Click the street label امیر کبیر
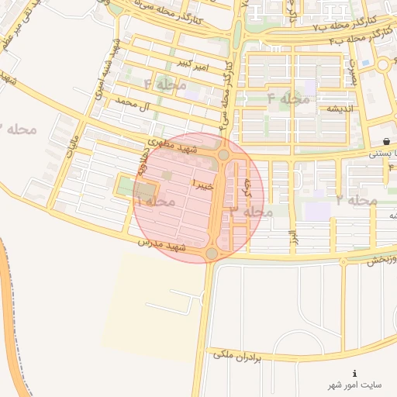coord(192,61)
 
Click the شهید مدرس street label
coord(164,246)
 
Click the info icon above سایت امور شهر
coord(355,373)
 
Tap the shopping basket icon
coord(385,140)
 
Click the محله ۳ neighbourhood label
coord(252,211)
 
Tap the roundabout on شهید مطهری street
coord(223,155)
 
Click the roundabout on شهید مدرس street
coord(212,254)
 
